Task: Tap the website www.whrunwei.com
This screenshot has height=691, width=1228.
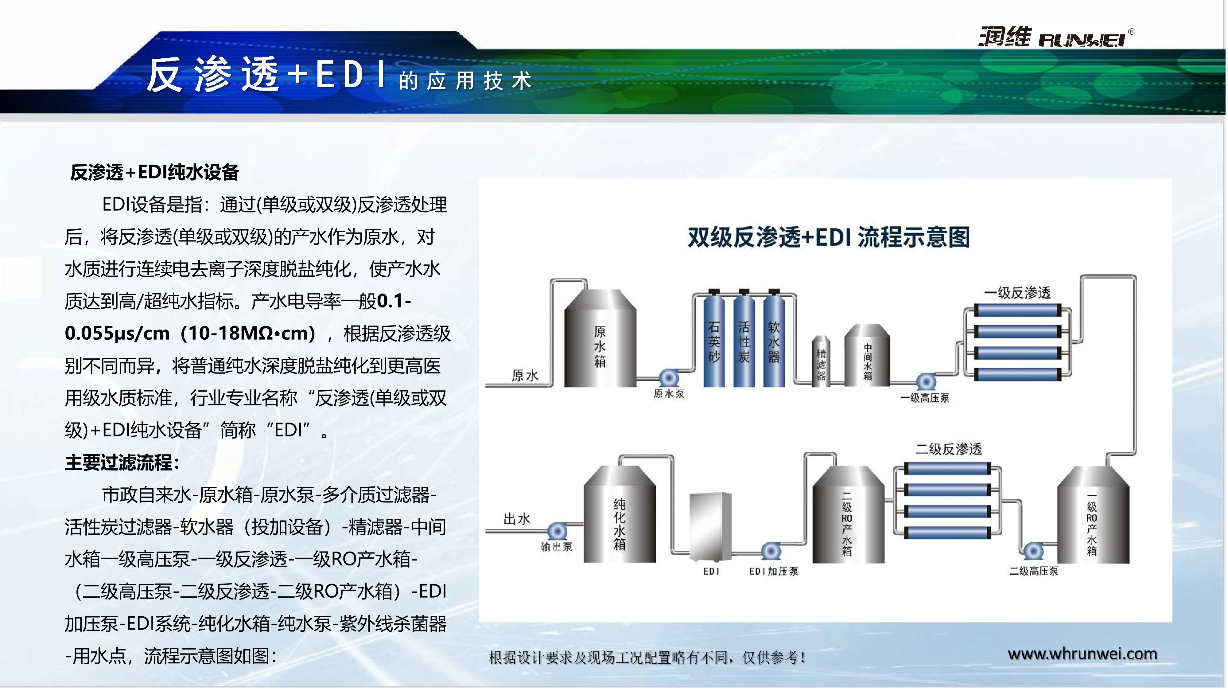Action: pyautogui.click(x=1082, y=654)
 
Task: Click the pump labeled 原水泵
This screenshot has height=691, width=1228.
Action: pyautogui.click(x=669, y=379)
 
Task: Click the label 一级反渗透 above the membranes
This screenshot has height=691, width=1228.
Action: pyautogui.click(x=1017, y=292)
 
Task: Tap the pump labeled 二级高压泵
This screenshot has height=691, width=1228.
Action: pyautogui.click(x=1033, y=551)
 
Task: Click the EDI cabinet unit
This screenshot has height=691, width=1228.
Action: pyautogui.click(x=710, y=527)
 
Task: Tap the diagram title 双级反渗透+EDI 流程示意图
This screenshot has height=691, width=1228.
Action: pyautogui.click(x=829, y=237)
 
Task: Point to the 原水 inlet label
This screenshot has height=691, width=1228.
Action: pyautogui.click(x=525, y=375)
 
